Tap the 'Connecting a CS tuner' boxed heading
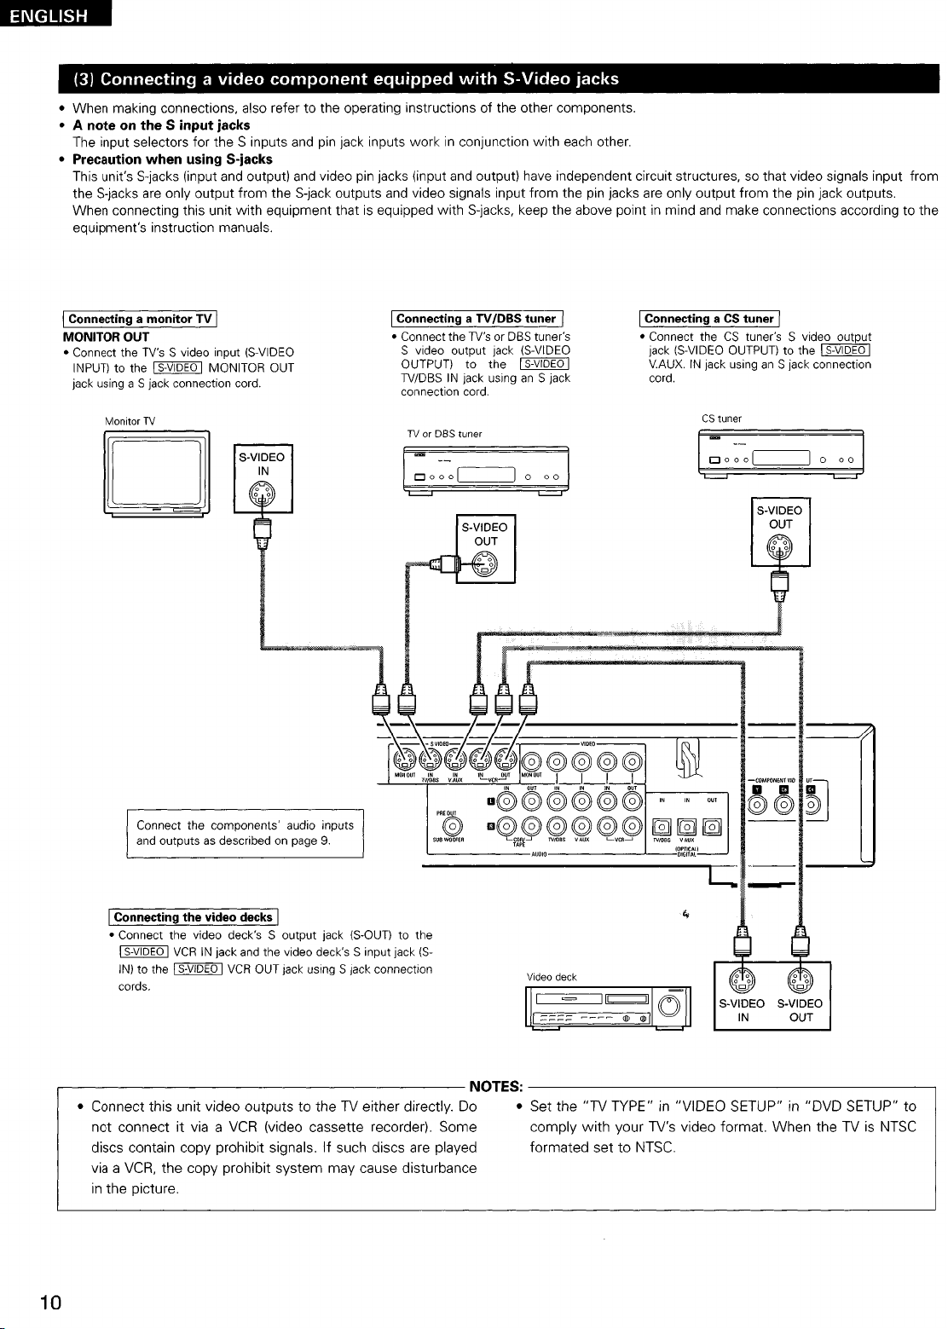[710, 319]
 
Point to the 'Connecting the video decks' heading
[193, 917]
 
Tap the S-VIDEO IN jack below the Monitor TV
[263, 494]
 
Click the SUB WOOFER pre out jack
[453, 825]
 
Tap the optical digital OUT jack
[712, 825]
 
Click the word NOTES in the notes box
[496, 1086]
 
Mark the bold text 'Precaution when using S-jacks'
[172, 159]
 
